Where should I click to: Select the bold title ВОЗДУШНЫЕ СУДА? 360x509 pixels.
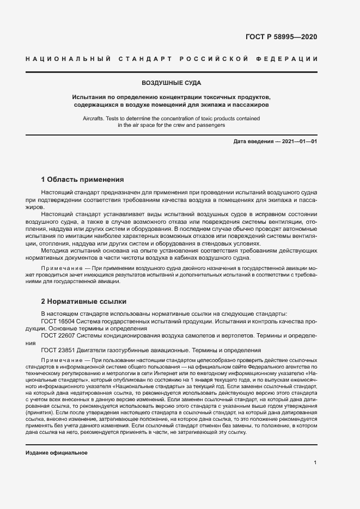(x=172, y=83)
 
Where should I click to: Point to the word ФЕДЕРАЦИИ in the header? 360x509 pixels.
(x=291, y=58)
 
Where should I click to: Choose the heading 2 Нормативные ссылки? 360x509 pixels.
(x=84, y=301)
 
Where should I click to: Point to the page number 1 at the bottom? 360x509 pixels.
(x=315, y=462)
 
